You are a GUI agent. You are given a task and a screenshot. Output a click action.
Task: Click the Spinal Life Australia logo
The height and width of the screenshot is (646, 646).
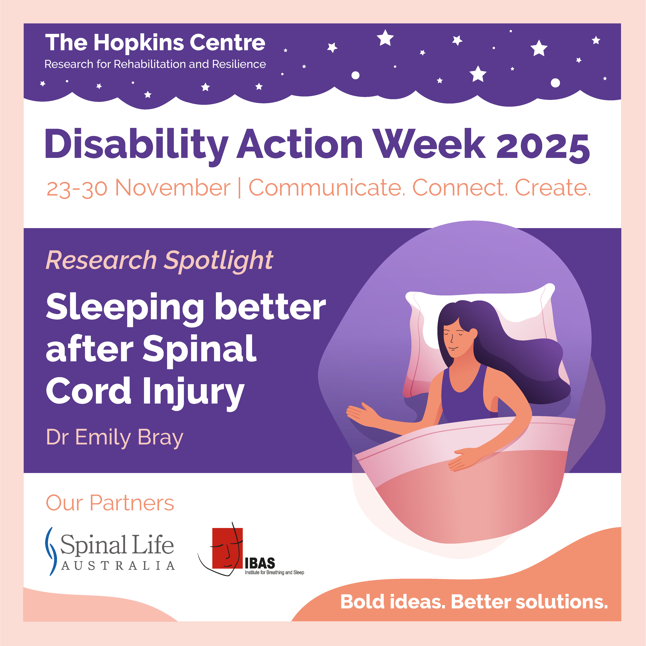110,552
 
